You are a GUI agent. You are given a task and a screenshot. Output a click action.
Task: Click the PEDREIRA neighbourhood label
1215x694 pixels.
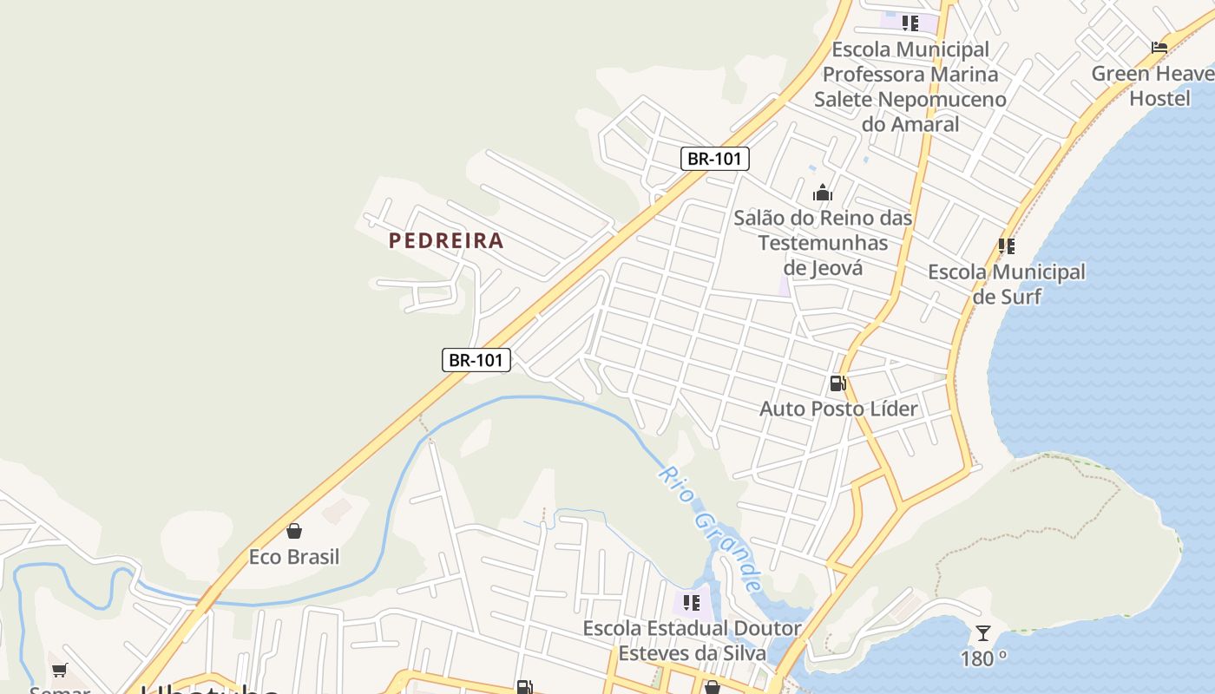tap(446, 240)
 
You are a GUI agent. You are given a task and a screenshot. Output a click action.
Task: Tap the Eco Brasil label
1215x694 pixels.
tap(294, 557)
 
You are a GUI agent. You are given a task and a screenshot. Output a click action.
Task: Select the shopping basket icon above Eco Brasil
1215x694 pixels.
tap(294, 530)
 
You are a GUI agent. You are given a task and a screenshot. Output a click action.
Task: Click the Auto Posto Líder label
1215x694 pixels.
tap(838, 409)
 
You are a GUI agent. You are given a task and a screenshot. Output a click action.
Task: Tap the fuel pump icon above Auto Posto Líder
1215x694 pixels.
tap(837, 383)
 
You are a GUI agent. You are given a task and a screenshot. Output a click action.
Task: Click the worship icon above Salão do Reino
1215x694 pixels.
tap(823, 193)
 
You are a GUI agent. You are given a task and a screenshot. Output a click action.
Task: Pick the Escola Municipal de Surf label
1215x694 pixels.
tap(1007, 284)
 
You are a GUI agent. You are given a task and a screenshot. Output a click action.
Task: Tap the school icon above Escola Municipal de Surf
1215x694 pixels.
tap(1007, 246)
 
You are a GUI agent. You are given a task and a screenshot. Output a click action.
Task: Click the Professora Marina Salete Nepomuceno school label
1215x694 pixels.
tap(910, 87)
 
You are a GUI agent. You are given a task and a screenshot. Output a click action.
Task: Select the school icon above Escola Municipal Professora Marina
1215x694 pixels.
tap(910, 23)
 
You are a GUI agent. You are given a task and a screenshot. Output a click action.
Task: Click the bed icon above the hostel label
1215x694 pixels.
tap(1159, 48)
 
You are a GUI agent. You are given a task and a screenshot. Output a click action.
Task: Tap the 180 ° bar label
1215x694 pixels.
tap(983, 658)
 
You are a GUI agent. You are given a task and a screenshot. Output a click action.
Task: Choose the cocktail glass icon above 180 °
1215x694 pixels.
tap(983, 633)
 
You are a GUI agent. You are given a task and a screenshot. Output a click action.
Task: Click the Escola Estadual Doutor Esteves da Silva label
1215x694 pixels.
tap(692, 640)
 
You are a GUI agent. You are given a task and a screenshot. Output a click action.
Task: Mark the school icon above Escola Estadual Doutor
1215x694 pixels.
tap(692, 602)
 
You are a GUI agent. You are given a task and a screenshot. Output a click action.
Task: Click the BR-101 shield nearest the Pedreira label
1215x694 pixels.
tap(476, 359)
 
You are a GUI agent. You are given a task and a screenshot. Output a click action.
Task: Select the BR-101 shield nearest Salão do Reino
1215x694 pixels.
tap(714, 158)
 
